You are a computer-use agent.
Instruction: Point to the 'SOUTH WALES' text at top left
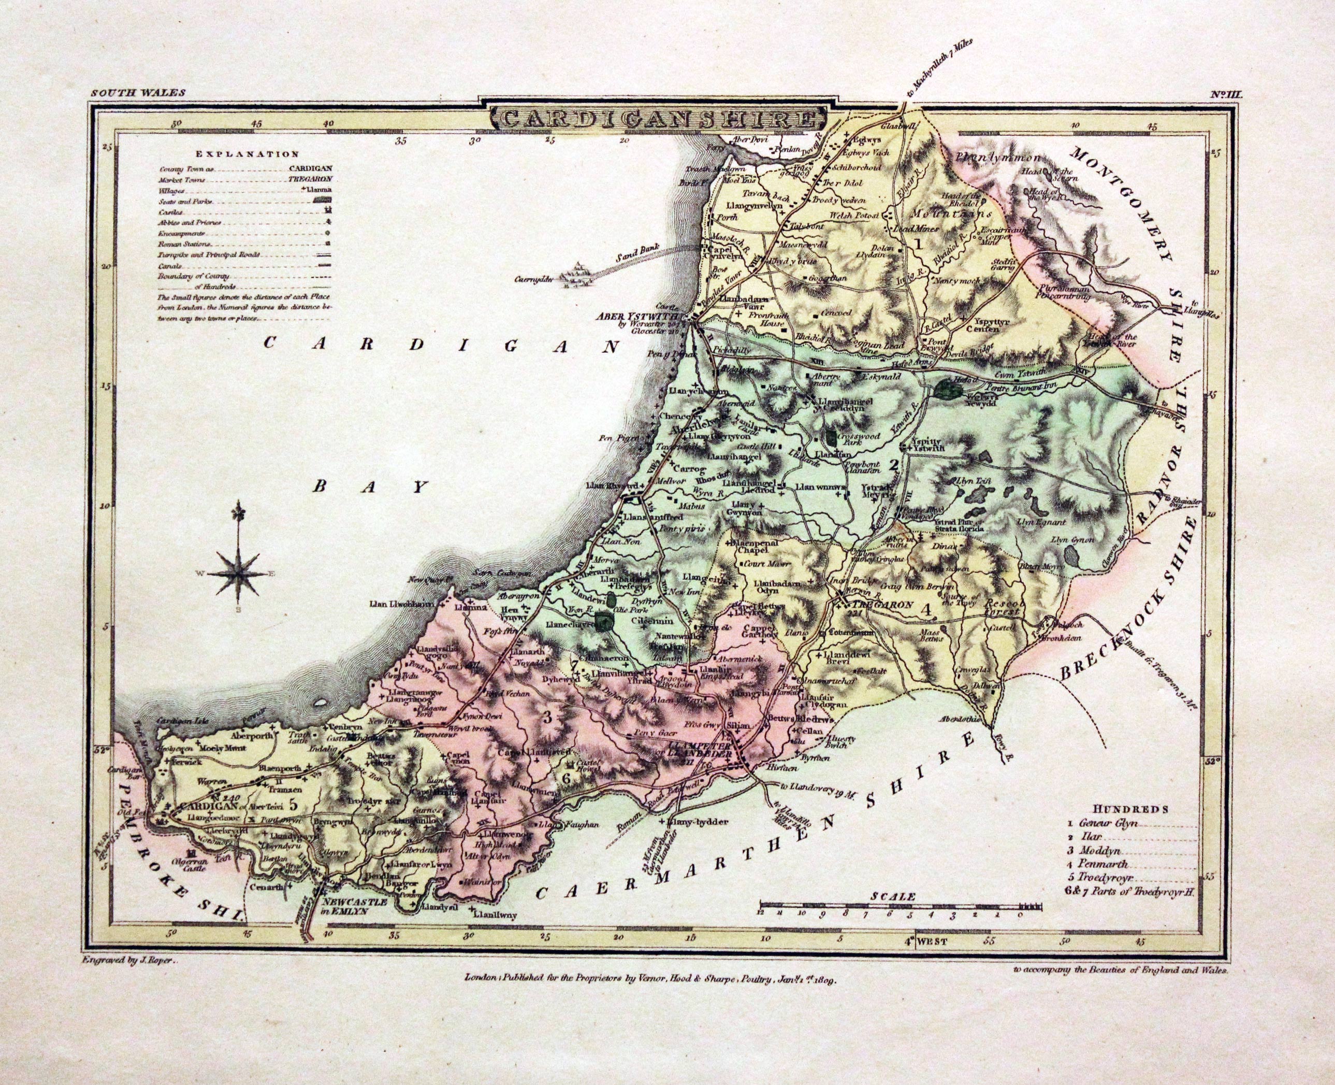point(137,93)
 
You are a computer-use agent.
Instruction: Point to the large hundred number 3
point(548,718)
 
